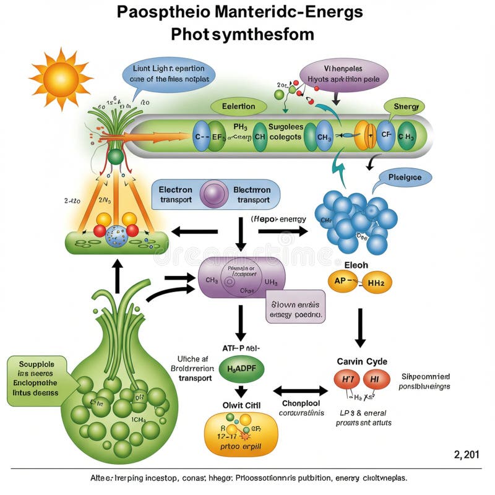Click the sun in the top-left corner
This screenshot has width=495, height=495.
click(x=60, y=77)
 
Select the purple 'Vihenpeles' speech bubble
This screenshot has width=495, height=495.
click(x=343, y=75)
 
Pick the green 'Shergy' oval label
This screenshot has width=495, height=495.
click(x=405, y=107)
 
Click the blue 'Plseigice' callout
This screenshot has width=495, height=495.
click(x=405, y=178)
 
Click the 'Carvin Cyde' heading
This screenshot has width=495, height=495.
click(x=363, y=361)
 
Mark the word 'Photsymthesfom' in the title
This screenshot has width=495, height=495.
click(x=242, y=33)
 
